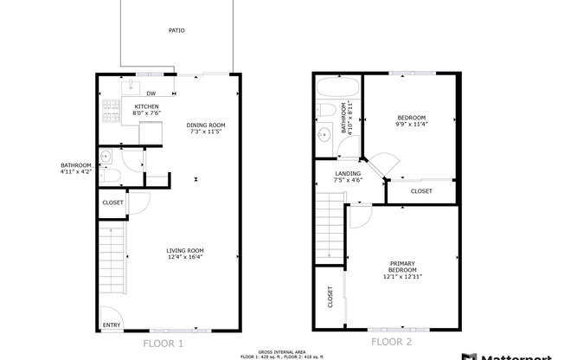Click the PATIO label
click(176, 30)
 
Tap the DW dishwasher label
click(151, 93)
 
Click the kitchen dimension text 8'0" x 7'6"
click(146, 113)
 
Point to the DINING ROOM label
click(206, 125)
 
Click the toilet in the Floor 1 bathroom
click(107, 176)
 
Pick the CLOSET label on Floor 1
click(112, 203)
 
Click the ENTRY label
click(112, 325)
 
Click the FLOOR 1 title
click(163, 344)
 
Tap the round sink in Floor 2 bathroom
click(324, 135)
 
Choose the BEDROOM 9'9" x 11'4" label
click(412, 120)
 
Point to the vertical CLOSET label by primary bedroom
click(330, 297)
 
